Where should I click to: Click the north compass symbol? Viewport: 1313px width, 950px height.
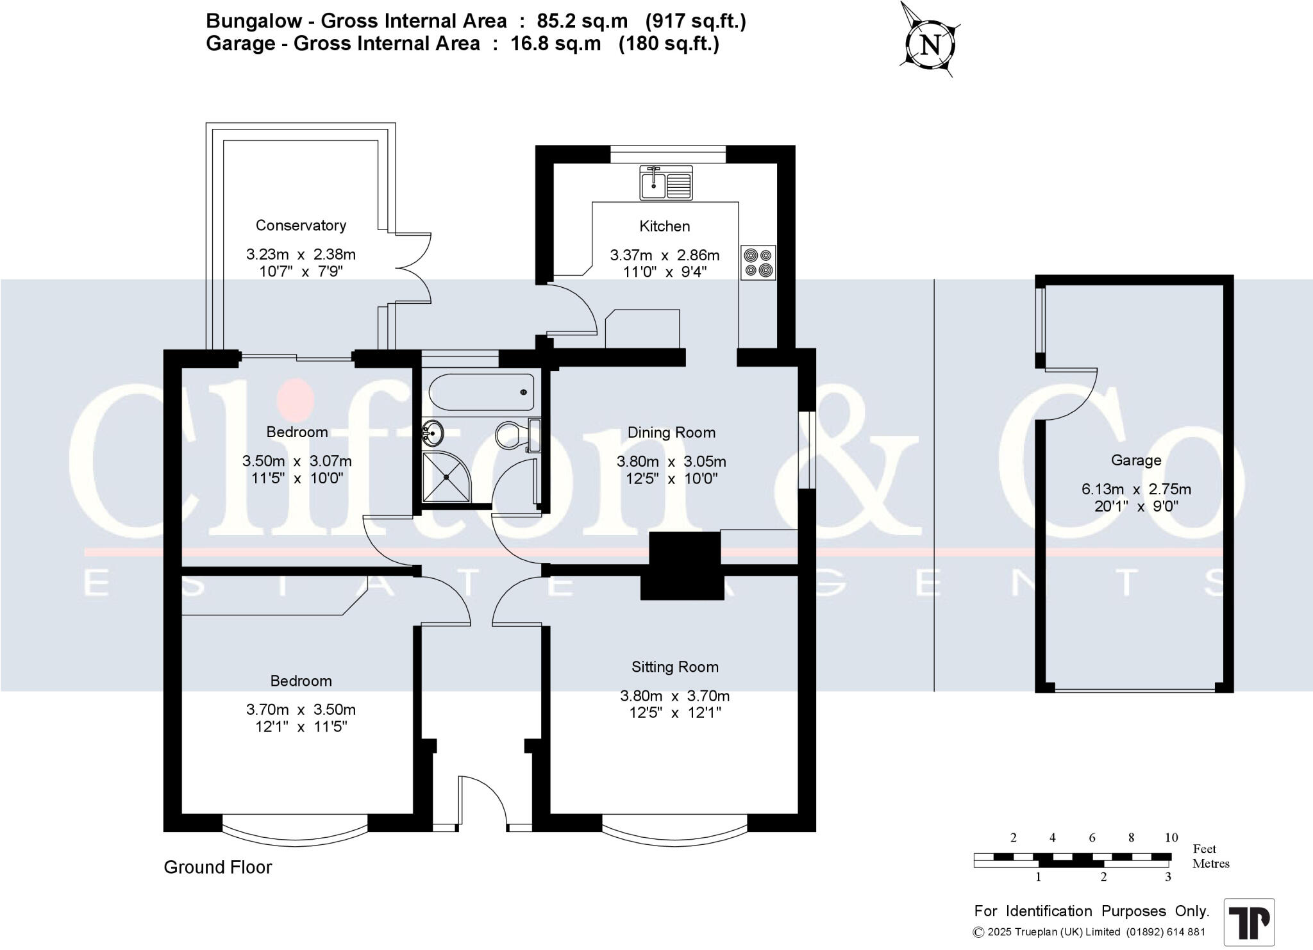(931, 45)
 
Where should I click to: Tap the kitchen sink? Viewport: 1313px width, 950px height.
(665, 182)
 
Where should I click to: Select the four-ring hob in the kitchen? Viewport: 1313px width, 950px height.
(758, 263)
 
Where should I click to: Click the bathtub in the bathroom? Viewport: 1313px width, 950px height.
(481, 392)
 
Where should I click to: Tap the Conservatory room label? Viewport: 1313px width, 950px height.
(301, 225)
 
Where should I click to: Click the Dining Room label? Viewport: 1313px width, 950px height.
(671, 433)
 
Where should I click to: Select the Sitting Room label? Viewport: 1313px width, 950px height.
(675, 667)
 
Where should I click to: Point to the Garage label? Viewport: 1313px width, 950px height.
(1136, 460)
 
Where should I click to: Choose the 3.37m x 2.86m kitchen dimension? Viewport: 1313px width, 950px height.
(665, 255)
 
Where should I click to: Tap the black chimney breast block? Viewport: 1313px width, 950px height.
(683, 566)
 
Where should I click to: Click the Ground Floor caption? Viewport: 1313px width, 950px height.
(218, 867)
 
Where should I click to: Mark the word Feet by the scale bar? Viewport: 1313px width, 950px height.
(1205, 849)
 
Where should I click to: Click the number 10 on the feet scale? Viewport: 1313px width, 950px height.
(1171, 837)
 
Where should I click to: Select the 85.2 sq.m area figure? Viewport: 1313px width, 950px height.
(583, 21)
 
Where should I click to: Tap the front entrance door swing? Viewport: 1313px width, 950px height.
(485, 801)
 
